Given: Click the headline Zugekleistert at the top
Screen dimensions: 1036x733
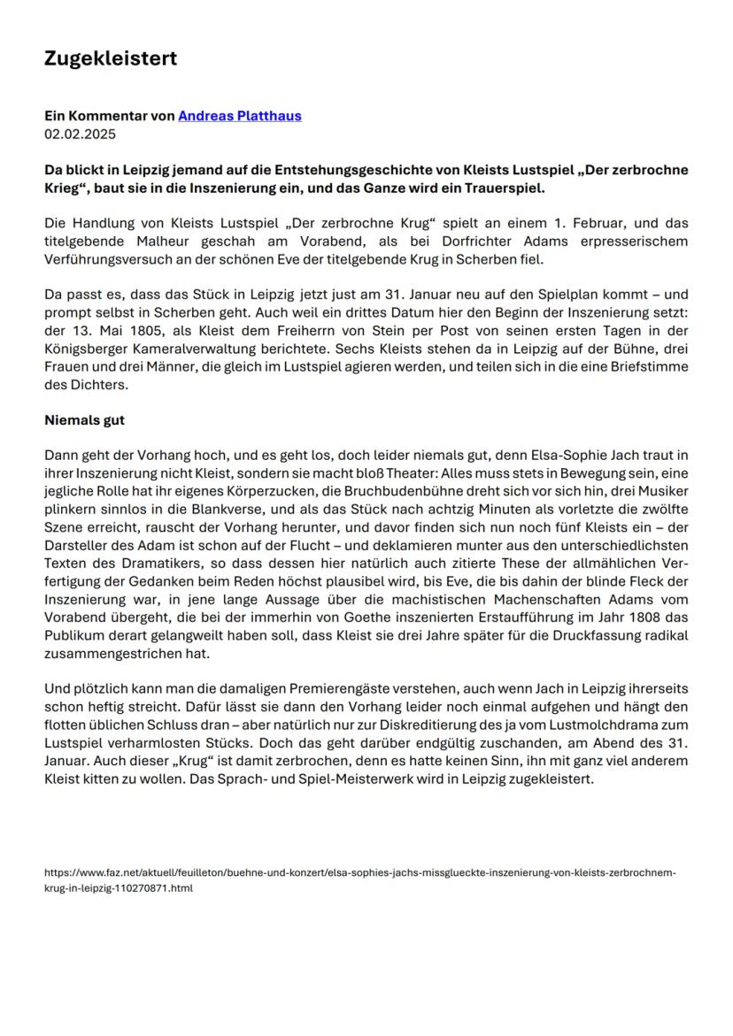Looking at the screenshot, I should click(111, 58).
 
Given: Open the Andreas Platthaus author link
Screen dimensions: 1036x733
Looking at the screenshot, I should click(239, 116).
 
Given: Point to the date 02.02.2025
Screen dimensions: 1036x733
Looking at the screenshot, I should click(80, 134).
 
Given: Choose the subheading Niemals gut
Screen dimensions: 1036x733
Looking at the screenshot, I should click(85, 420).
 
